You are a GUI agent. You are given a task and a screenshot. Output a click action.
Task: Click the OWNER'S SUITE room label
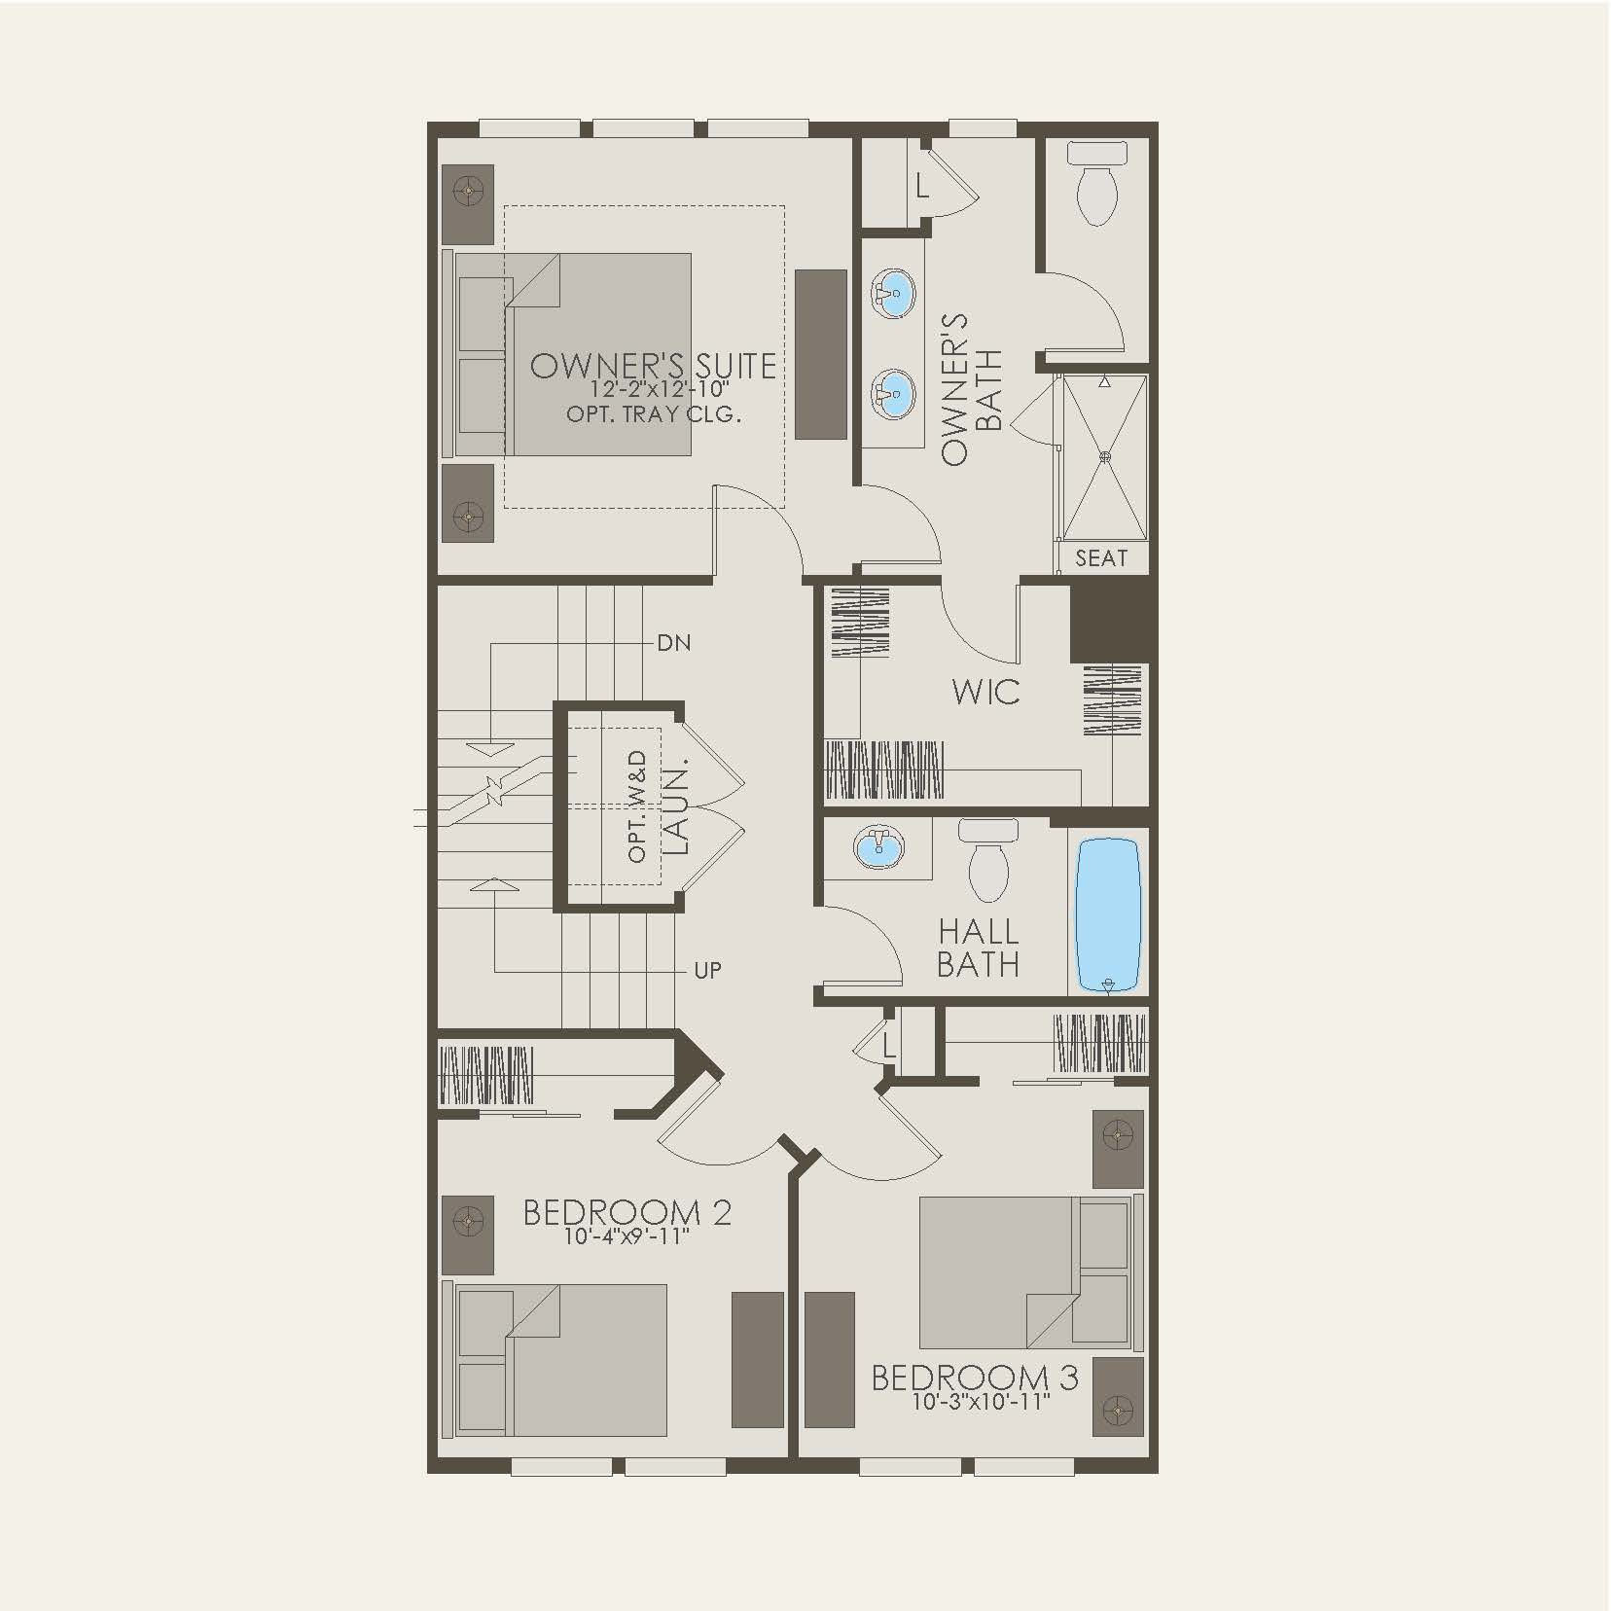[653, 366]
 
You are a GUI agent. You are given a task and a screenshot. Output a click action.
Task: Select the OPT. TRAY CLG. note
[654, 414]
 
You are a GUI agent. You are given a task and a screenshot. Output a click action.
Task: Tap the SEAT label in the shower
[1101, 558]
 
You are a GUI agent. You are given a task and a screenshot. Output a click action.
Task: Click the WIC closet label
[985, 693]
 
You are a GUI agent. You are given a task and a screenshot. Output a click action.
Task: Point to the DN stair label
[674, 643]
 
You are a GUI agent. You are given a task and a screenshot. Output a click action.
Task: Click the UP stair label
[707, 970]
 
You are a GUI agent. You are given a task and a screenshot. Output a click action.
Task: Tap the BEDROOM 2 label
[626, 1212]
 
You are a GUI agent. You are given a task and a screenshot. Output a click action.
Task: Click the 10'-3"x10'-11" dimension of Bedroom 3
[981, 1403]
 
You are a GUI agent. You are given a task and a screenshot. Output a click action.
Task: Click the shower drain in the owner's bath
[1104, 455]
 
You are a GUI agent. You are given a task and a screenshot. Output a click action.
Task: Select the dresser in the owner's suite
[820, 354]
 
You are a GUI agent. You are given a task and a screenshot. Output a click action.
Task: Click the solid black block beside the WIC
[1109, 624]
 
